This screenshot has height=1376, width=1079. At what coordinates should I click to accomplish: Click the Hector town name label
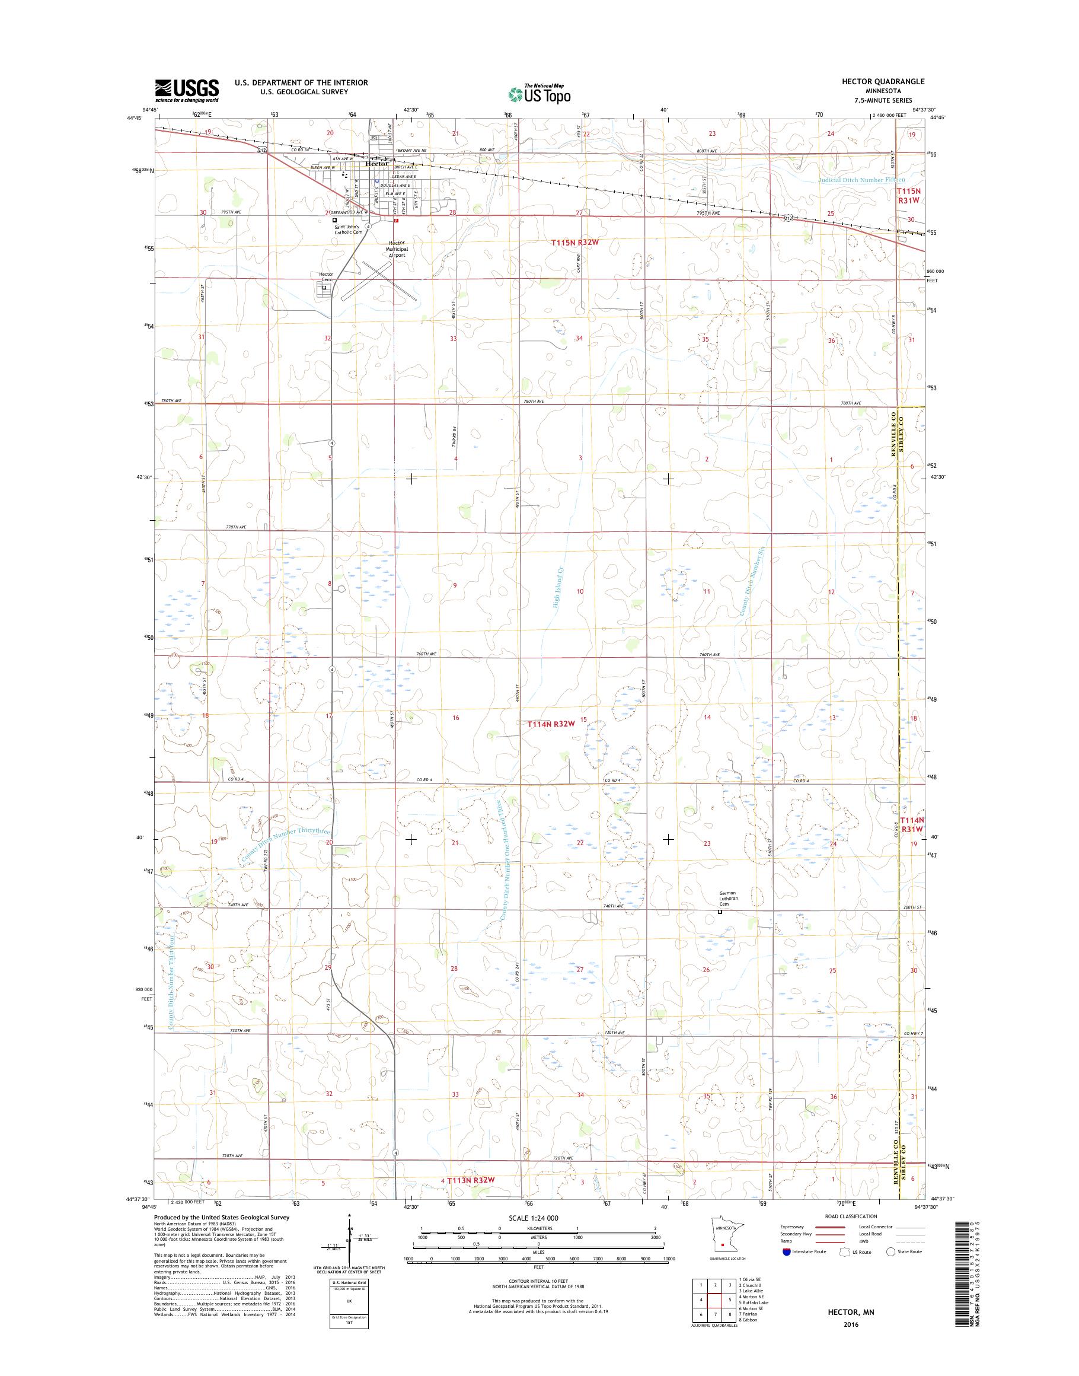(377, 164)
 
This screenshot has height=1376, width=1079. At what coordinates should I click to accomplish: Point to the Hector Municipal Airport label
(397, 249)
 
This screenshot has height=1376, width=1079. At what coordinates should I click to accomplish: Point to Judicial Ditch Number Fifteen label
(861, 180)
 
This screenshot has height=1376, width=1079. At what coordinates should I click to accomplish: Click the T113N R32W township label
(470, 1180)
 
